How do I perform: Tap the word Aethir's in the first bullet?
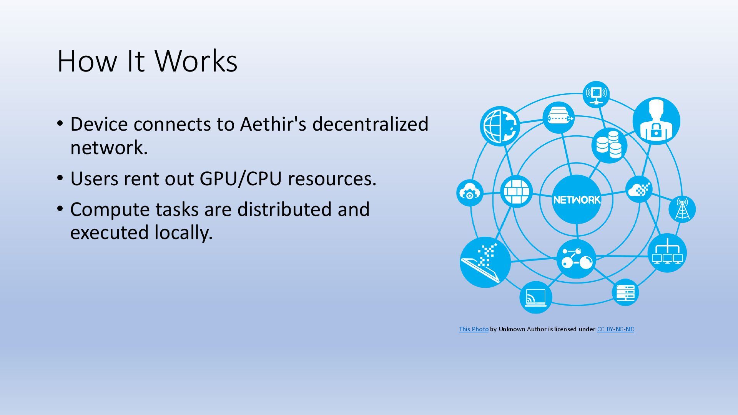click(273, 124)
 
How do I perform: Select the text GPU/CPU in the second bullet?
click(241, 179)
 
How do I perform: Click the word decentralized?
click(370, 124)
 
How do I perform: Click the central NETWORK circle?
click(576, 199)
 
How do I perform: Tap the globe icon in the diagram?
click(500, 126)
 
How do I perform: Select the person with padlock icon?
click(656, 121)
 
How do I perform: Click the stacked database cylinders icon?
click(609, 145)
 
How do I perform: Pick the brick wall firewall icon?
click(516, 191)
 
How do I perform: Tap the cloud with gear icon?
click(470, 193)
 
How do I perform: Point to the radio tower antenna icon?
click(682, 209)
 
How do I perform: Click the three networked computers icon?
click(667, 253)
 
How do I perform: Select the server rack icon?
click(625, 292)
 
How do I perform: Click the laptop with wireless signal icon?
click(535, 297)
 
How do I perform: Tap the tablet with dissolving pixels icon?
click(485, 262)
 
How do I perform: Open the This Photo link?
click(474, 329)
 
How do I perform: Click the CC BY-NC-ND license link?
click(615, 329)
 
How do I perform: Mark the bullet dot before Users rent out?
click(60, 178)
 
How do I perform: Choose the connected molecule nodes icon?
click(576, 259)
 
